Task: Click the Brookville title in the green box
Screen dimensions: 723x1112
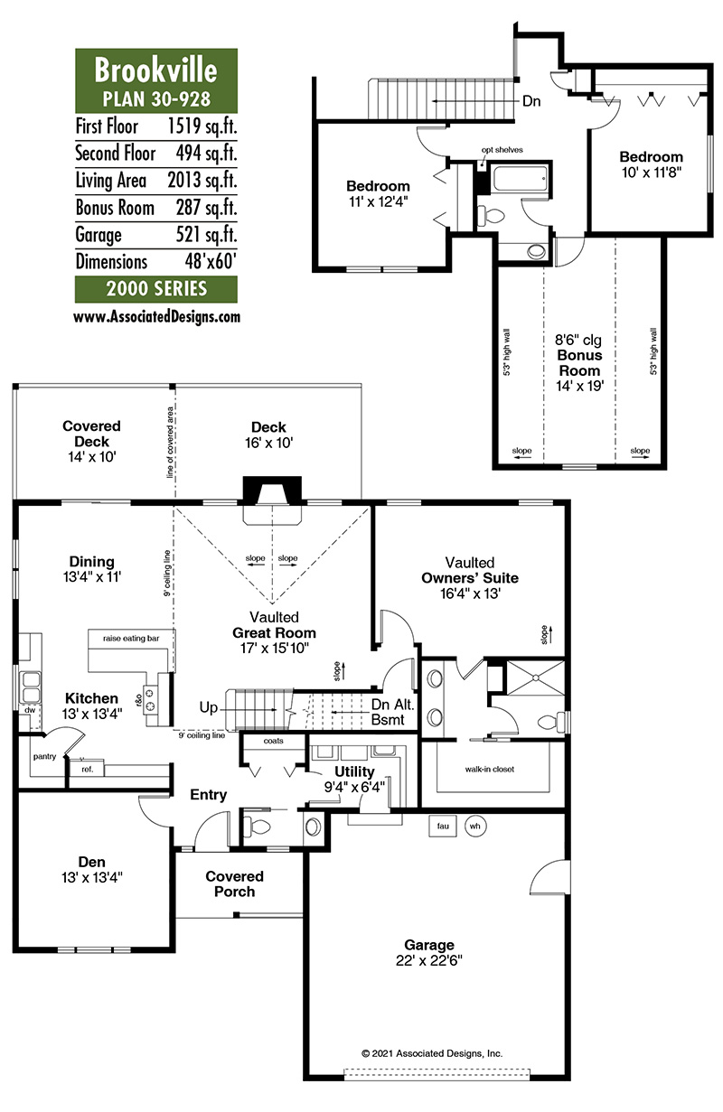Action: click(156, 70)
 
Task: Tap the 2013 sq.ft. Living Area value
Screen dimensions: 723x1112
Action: click(202, 180)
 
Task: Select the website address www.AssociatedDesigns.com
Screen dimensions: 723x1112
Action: click(157, 317)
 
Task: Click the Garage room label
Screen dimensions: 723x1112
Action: click(429, 945)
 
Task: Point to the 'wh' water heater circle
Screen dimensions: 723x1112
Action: click(475, 826)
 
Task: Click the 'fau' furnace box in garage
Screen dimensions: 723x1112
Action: click(443, 826)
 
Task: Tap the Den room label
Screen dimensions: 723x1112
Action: click(92, 862)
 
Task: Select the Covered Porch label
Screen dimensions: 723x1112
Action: click(234, 883)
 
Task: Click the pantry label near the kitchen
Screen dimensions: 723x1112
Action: click(44, 757)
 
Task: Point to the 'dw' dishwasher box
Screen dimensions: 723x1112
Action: click(30, 710)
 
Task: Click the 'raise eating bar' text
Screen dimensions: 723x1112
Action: click(131, 639)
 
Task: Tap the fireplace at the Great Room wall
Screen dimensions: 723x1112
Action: click(272, 491)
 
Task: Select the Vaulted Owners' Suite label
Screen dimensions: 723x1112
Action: click(470, 570)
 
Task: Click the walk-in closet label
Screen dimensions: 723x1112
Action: click(490, 769)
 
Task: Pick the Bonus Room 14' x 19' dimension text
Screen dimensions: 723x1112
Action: click(579, 386)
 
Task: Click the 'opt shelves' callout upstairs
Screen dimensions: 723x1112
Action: click(502, 149)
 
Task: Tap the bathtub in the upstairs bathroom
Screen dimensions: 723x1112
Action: click(521, 178)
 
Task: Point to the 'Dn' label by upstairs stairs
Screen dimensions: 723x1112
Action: click(531, 101)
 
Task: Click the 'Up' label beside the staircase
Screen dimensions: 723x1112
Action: click(209, 707)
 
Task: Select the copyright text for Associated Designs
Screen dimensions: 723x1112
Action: click(432, 1053)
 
